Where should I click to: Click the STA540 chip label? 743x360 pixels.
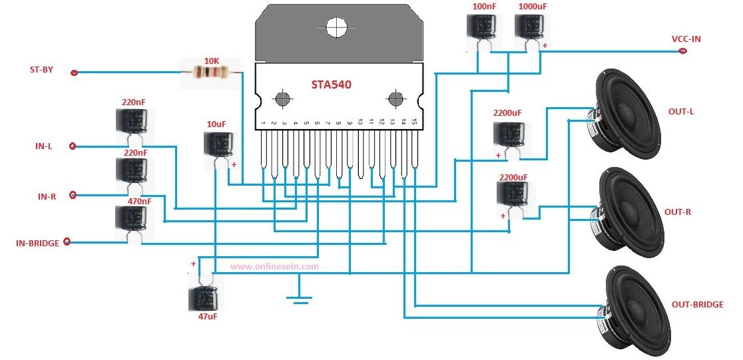pos(332,85)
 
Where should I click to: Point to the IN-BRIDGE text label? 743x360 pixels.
pos(37,244)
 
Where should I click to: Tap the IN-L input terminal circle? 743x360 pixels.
pos(73,146)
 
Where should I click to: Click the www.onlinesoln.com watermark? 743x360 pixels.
pos(274,266)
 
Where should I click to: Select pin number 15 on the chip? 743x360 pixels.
pos(414,123)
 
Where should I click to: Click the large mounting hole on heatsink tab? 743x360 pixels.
pos(338,27)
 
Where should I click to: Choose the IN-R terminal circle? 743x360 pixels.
pos(73,195)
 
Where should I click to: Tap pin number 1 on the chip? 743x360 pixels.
pos(264,123)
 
